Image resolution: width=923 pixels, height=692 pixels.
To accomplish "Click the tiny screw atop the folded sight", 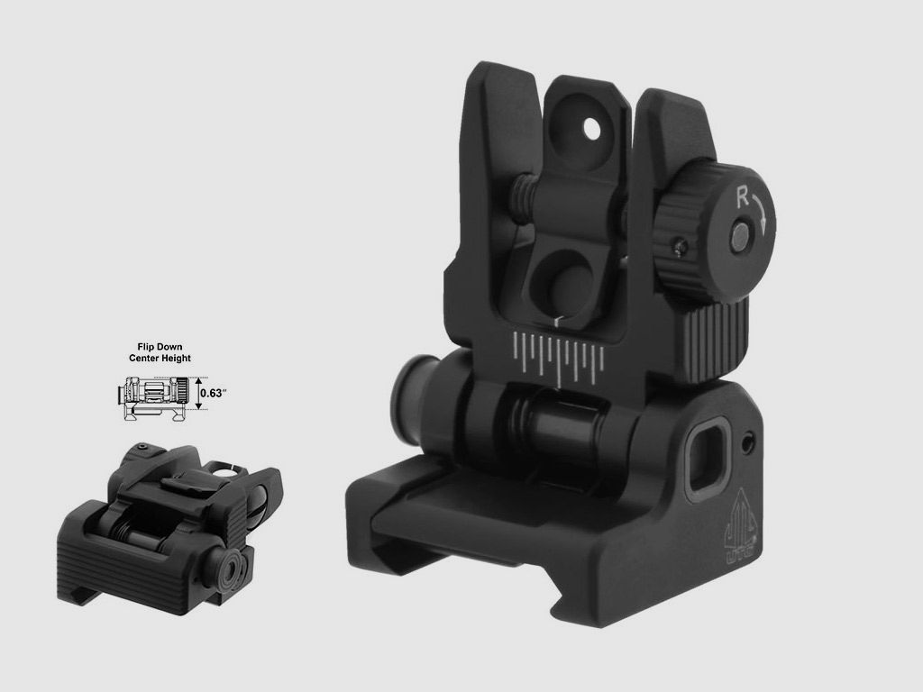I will click(x=142, y=447).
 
